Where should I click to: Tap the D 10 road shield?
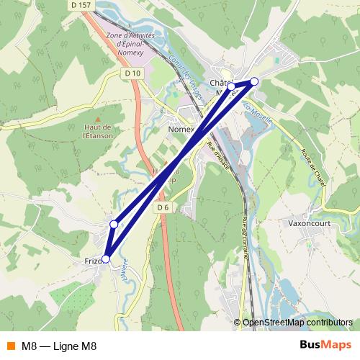point(132,73)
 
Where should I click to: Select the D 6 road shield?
point(163,208)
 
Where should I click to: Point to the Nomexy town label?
point(181,130)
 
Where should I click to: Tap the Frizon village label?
point(94,260)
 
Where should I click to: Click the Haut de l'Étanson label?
point(97,130)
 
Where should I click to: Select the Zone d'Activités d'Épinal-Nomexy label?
point(130,43)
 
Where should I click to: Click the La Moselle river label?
point(258,113)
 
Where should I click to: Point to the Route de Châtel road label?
point(315,166)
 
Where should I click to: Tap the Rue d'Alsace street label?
point(219,156)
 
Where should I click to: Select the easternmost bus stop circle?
point(254,81)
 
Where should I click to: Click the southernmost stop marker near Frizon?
point(106,259)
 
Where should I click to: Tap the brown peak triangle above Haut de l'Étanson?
point(98,117)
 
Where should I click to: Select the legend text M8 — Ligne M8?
point(59,346)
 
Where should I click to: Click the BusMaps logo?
point(321,346)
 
